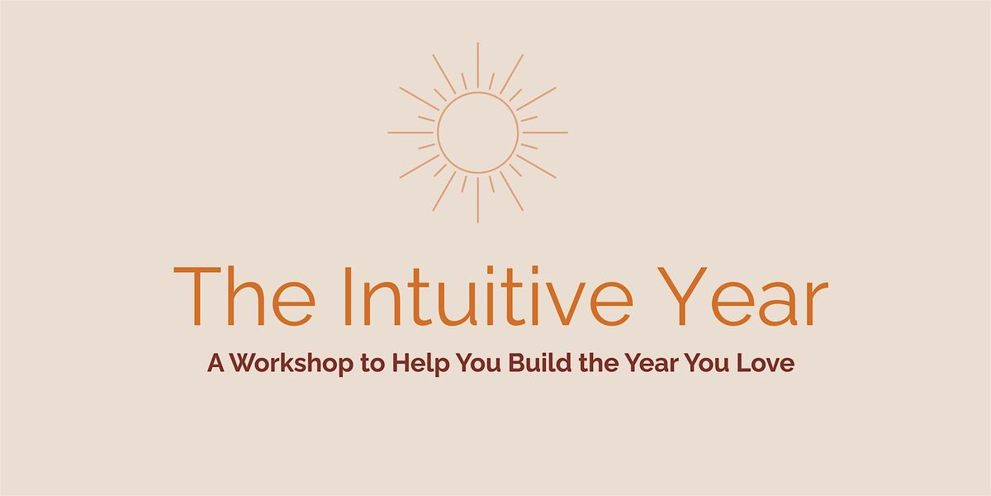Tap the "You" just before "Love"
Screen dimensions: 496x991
[x=714, y=365]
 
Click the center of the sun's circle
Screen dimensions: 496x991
[x=477, y=132]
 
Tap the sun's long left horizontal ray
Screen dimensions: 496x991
[x=410, y=132]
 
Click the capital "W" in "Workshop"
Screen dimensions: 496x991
[x=243, y=365]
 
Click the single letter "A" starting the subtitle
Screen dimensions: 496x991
[x=215, y=365]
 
